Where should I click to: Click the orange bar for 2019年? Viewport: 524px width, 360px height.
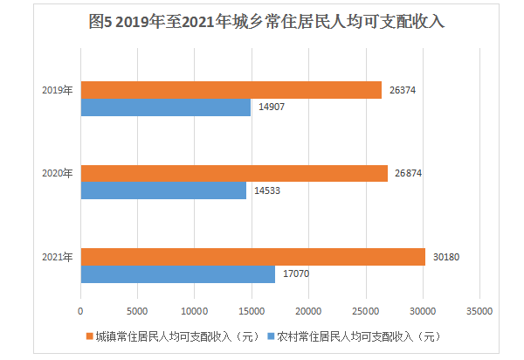click(231, 90)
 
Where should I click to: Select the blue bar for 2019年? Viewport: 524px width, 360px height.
click(165, 107)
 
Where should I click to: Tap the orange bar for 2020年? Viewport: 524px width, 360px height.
click(233, 173)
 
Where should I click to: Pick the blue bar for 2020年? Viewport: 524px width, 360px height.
click(163, 190)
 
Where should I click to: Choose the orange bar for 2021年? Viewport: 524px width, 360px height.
click(252, 256)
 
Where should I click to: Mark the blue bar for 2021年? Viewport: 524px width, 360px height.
click(177, 273)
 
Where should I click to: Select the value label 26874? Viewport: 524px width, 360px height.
click(410, 174)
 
